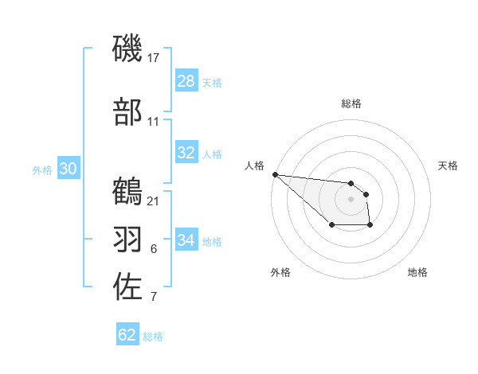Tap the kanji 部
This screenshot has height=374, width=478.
[127, 111]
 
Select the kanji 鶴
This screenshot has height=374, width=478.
[127, 192]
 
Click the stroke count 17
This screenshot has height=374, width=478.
[155, 58]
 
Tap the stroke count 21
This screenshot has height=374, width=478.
[154, 201]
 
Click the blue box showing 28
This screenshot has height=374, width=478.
[186, 81]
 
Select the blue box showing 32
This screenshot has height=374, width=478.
[186, 153]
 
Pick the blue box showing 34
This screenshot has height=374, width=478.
[186, 240]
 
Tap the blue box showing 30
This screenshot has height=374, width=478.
[69, 169]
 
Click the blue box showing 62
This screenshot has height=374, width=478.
[127, 335]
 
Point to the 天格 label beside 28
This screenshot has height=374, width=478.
[212, 82]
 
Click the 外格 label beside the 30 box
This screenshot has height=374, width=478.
[42, 169]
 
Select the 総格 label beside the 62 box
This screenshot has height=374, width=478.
[153, 336]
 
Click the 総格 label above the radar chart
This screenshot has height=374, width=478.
[351, 103]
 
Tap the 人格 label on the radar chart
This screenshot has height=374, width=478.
[254, 166]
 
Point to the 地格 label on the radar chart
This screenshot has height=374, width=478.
[417, 272]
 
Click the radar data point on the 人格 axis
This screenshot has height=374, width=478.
[275, 174]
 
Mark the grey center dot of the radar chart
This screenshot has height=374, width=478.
[351, 198]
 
